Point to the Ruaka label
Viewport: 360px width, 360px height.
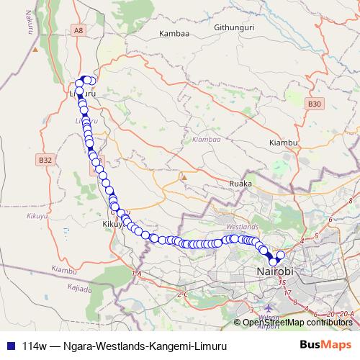240,184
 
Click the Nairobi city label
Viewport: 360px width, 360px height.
276,272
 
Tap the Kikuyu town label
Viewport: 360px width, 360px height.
114,225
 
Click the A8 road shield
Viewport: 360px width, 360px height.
78,30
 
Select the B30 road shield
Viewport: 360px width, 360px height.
314,104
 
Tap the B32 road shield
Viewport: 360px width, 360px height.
46,160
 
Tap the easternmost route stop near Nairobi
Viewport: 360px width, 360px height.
281,256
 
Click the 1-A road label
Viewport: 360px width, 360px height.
138,274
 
